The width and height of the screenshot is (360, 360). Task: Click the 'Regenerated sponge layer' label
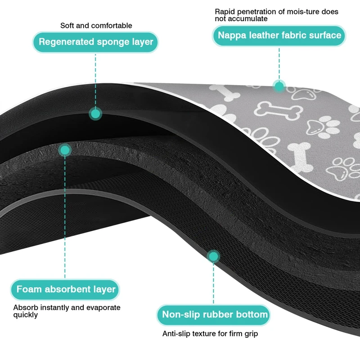click(x=95, y=42)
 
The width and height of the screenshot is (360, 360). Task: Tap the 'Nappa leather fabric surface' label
click(x=279, y=35)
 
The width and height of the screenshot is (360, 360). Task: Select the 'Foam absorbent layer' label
click(x=66, y=289)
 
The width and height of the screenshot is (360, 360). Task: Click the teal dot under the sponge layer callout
click(x=95, y=114)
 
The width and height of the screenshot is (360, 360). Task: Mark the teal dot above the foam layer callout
click(x=66, y=150)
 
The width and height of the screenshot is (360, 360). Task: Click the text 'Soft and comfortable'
click(x=96, y=26)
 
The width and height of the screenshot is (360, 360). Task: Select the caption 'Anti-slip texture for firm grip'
click(x=210, y=334)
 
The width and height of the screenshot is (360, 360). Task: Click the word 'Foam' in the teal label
click(x=29, y=289)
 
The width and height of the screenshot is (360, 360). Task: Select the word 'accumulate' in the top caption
click(x=249, y=19)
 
